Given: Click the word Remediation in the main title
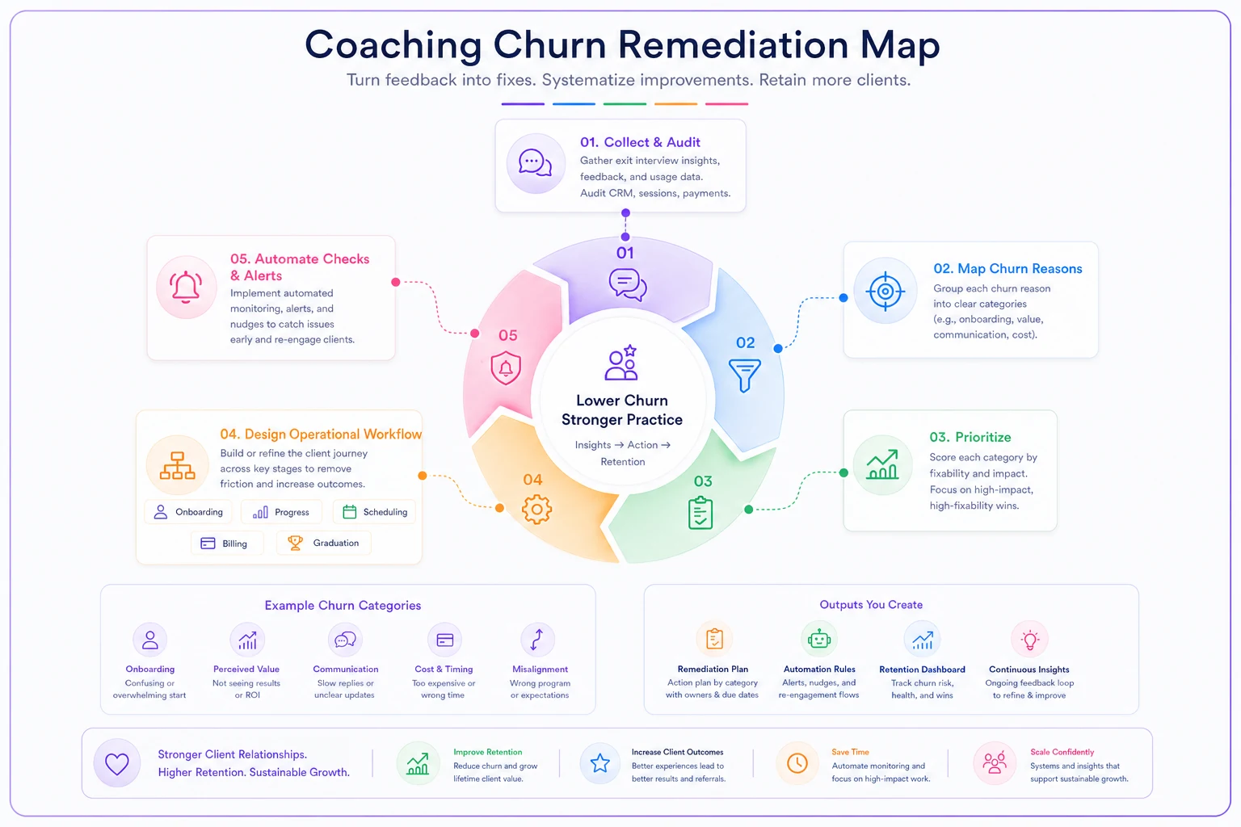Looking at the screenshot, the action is [733, 44].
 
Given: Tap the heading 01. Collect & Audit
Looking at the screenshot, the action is [640, 142].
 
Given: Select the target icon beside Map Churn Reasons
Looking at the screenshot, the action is [885, 291].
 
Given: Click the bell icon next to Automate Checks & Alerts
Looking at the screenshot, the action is [186, 287].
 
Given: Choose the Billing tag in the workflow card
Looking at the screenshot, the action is [227, 544].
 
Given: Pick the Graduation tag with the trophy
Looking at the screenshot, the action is [323, 543].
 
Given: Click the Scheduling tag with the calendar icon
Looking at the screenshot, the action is [375, 512].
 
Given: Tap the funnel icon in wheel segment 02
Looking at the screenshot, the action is [745, 375].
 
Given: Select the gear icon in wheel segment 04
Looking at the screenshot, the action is [536, 509].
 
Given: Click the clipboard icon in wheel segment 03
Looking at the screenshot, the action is [700, 513].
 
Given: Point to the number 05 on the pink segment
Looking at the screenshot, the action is [507, 335].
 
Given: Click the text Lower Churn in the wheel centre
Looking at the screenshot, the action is [621, 401].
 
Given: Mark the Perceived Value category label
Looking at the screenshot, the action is [246, 670].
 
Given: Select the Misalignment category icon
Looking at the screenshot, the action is [536, 639].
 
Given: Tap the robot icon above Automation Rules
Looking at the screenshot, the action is [818, 639].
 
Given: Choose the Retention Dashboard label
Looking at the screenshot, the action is [922, 670].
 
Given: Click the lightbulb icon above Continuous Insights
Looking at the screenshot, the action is [1029, 640].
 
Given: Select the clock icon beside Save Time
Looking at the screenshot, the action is [797, 763].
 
